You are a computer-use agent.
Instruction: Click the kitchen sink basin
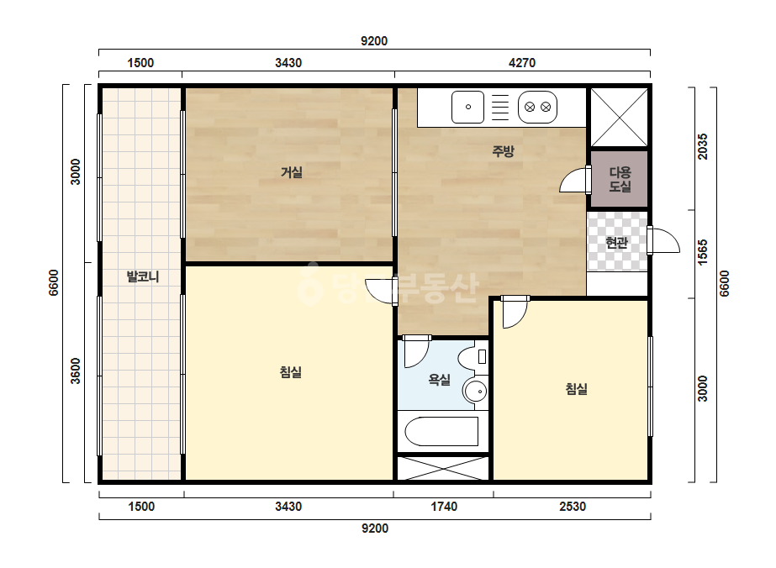(x=467, y=107)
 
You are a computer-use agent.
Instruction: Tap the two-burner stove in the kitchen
(x=537, y=107)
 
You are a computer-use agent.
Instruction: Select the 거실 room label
(x=292, y=172)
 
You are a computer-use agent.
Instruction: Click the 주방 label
(x=503, y=151)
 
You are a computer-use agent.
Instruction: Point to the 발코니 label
(x=143, y=276)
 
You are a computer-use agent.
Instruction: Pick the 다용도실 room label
(x=620, y=179)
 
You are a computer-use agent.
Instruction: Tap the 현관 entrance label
(x=616, y=243)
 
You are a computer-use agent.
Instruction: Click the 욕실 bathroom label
(x=439, y=380)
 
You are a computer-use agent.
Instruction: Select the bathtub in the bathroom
(x=441, y=431)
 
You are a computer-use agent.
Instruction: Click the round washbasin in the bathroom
(x=476, y=392)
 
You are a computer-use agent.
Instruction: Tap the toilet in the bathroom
(x=472, y=357)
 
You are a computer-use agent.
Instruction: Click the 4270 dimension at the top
(x=522, y=63)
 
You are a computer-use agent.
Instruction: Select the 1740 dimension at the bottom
(x=444, y=507)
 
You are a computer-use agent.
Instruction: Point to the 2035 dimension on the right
(x=702, y=146)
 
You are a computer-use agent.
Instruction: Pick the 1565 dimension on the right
(x=702, y=252)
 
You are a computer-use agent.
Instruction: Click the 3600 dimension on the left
(x=75, y=371)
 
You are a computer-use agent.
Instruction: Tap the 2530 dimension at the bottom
(x=573, y=507)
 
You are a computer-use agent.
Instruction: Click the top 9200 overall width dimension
(x=374, y=41)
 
